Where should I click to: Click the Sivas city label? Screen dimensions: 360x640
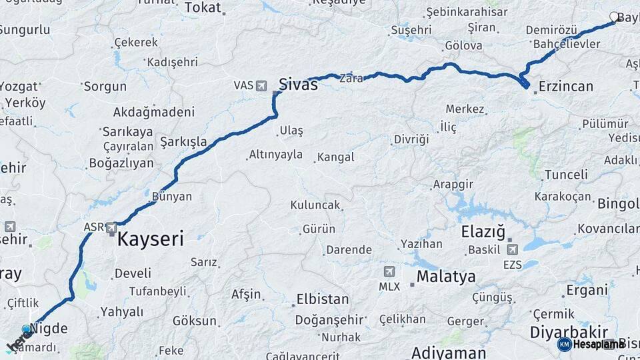(x=297, y=85)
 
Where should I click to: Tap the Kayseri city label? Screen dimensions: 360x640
(x=150, y=239)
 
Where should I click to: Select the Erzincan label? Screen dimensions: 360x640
(x=565, y=86)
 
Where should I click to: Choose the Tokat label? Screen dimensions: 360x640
(x=202, y=7)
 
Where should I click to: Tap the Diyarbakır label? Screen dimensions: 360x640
(x=569, y=331)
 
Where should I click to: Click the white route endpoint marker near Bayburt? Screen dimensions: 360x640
(x=614, y=17)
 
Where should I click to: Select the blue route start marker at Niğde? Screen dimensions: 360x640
(x=27, y=329)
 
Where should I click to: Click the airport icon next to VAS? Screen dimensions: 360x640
(x=261, y=85)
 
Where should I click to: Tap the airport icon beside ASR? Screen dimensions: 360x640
(x=111, y=228)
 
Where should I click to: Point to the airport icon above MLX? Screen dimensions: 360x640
(x=389, y=272)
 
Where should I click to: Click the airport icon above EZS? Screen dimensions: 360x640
(x=512, y=250)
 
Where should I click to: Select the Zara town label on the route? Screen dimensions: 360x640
(x=351, y=78)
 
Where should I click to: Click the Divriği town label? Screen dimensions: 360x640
(x=411, y=139)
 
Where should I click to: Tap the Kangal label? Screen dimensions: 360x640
(x=335, y=157)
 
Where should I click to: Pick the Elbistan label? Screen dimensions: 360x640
(x=322, y=299)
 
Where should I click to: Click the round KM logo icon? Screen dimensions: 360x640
(x=564, y=344)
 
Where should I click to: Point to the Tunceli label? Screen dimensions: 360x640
(x=566, y=175)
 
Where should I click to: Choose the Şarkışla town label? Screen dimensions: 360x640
(x=183, y=142)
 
